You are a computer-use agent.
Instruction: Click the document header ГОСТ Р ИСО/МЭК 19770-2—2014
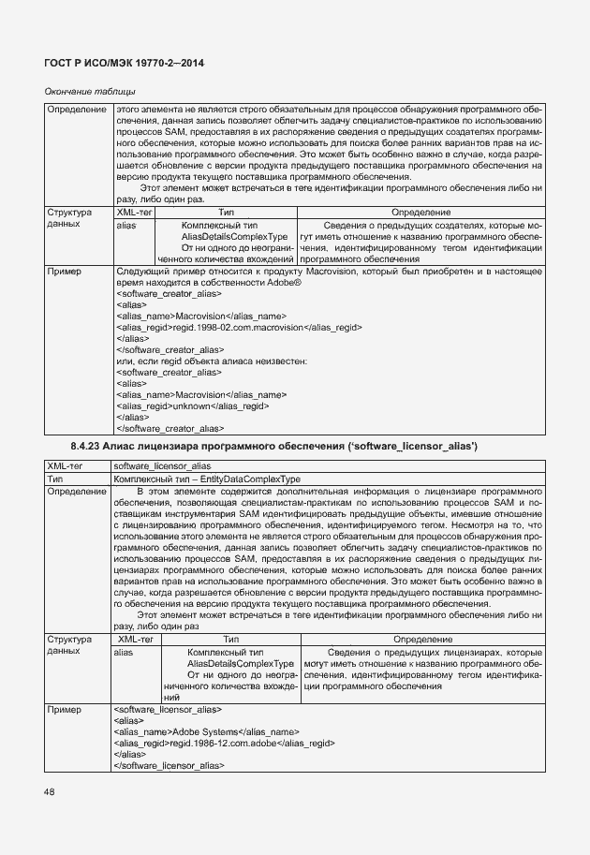(125, 62)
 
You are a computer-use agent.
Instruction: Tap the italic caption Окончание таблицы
(91, 91)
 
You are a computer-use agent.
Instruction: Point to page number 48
(49, 792)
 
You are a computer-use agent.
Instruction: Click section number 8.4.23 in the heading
(85, 444)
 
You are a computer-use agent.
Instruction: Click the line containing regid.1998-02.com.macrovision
(239, 328)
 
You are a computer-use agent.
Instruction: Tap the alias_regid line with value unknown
(193, 406)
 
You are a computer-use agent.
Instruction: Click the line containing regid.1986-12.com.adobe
(224, 743)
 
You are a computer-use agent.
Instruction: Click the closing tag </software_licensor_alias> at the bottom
(169, 765)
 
